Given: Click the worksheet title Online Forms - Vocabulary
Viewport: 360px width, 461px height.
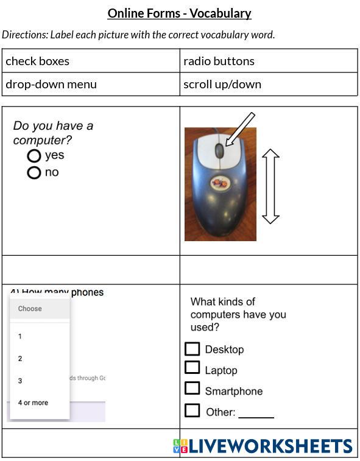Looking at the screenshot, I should click(x=179, y=13).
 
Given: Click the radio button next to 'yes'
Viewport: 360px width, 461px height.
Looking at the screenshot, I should click(x=34, y=156).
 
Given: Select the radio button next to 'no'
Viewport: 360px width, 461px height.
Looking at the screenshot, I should click(x=34, y=173).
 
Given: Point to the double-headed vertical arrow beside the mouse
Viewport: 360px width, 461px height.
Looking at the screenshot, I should click(x=270, y=186).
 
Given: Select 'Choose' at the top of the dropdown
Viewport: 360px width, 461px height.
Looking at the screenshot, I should click(x=30, y=309).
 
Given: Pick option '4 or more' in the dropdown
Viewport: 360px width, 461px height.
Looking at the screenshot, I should click(x=33, y=403).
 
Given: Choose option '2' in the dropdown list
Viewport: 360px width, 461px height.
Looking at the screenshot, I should click(x=20, y=359).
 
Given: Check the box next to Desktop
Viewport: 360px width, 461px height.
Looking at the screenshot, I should click(x=192, y=349).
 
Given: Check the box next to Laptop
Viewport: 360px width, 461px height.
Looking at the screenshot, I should click(x=192, y=367).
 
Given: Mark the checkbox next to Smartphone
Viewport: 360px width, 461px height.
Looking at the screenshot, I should click(x=192, y=388).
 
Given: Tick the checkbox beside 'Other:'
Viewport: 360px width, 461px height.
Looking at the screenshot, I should click(x=192, y=410).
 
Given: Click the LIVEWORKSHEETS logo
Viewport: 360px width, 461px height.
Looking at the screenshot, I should click(x=263, y=446).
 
